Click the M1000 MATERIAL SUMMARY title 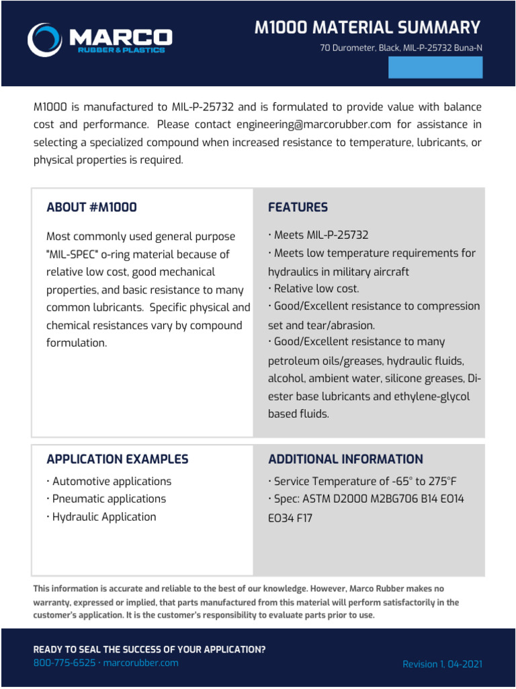coord(368,28)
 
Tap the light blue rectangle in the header coord(435,67)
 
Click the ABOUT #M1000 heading coord(91,207)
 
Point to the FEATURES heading coord(298,207)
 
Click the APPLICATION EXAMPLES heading coord(117,460)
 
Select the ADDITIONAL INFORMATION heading coord(345,460)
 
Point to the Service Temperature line coord(365,482)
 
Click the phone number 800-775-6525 coord(64,663)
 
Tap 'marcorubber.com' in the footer coord(141,663)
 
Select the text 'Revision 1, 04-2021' coord(442,664)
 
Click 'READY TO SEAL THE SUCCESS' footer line coord(149,649)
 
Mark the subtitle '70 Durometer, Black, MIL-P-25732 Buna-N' coord(401,48)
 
